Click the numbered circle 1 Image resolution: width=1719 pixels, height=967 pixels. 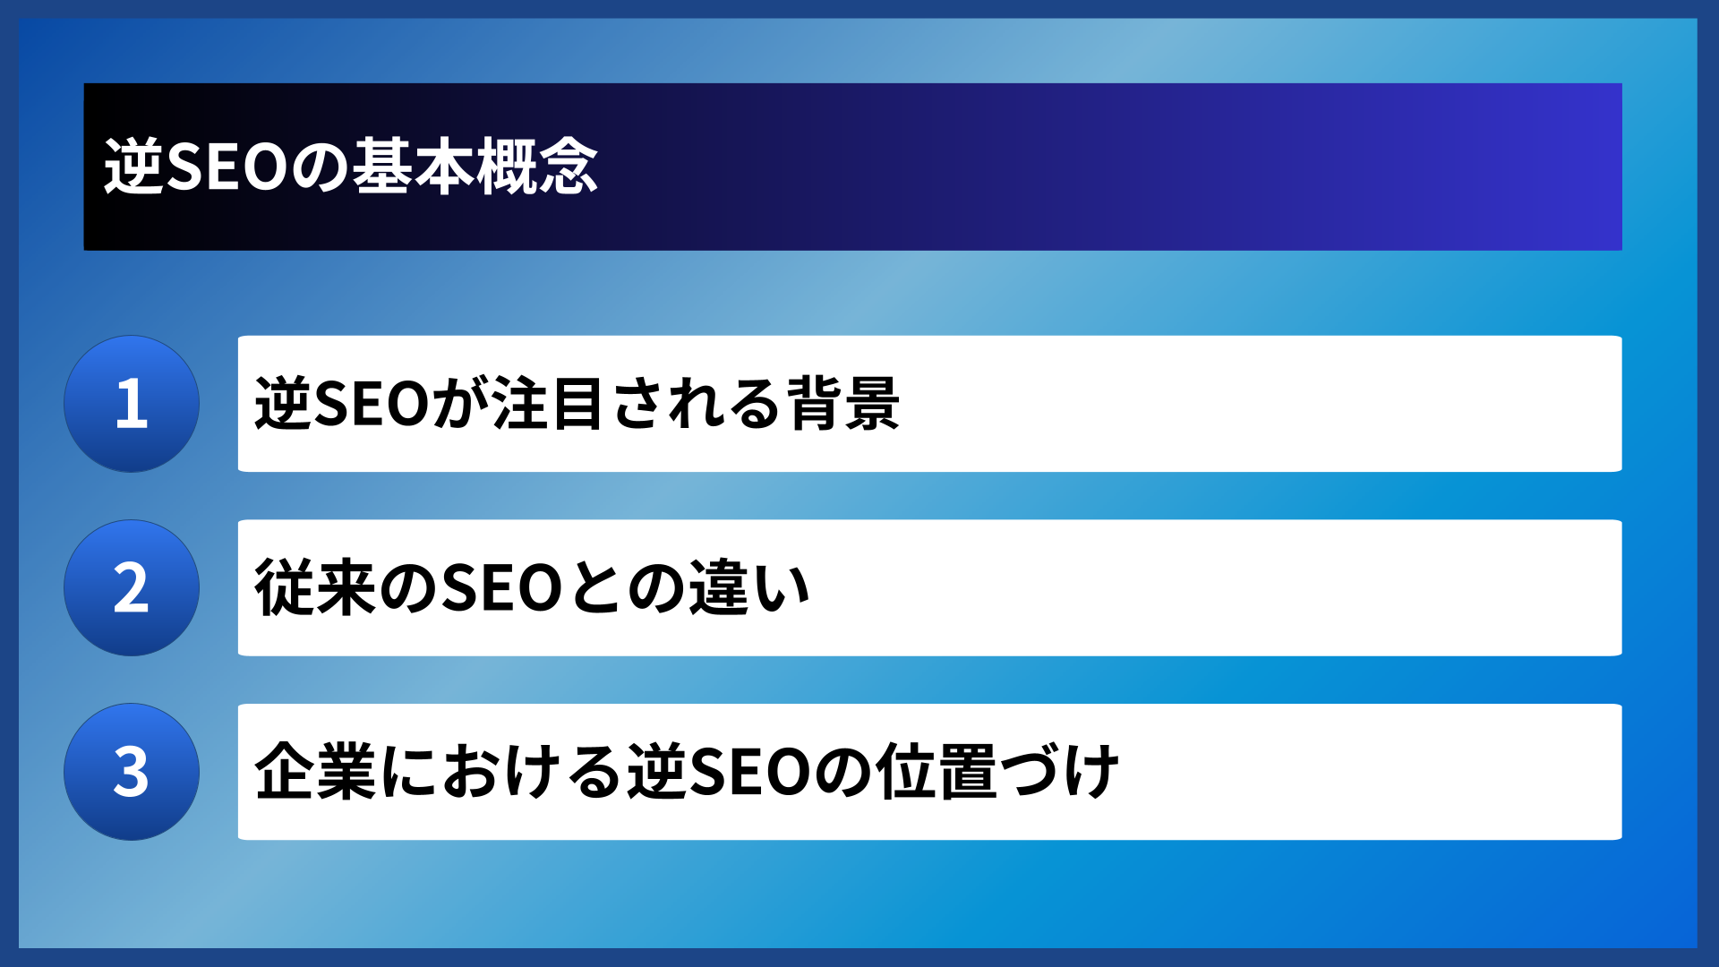pos(132,404)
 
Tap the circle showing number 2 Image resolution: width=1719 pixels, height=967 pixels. pos(132,588)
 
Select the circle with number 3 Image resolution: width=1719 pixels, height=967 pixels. pos(132,772)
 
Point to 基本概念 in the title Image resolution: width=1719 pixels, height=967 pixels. pos(475,167)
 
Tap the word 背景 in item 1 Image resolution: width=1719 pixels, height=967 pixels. pos(842,404)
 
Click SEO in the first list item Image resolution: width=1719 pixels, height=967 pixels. pos(372,404)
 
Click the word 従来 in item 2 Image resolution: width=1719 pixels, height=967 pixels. pos(314,588)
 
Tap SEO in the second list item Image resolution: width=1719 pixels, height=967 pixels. pos(501,588)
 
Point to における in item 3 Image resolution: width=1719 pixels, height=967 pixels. pos(501,772)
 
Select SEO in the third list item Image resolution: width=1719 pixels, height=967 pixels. pos(748,772)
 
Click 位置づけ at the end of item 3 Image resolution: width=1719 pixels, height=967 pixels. pos(997,772)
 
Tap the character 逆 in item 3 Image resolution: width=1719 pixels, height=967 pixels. pos(656,772)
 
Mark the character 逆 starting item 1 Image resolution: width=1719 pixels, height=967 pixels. pos(284,404)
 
